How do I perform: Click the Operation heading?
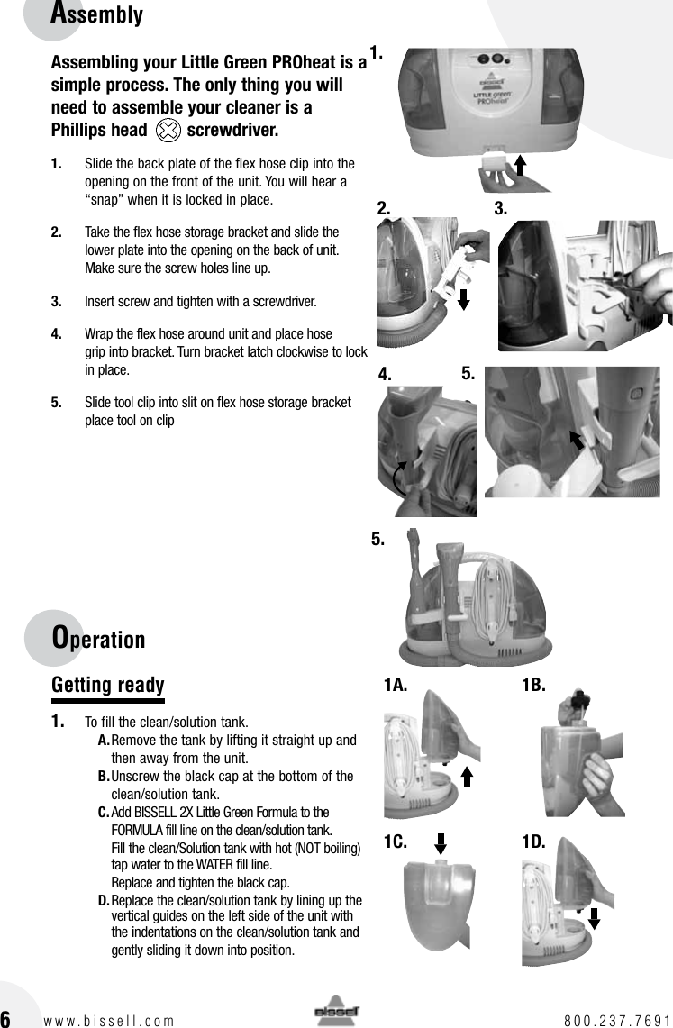click(x=98, y=639)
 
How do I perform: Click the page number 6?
click(x=6, y=1019)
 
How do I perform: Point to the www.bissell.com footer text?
click(x=109, y=1021)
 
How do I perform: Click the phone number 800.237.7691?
click(x=617, y=1021)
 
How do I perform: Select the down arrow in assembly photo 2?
click(x=463, y=298)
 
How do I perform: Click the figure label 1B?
click(x=534, y=686)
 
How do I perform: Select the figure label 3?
click(x=502, y=208)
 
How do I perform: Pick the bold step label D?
click(x=104, y=901)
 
